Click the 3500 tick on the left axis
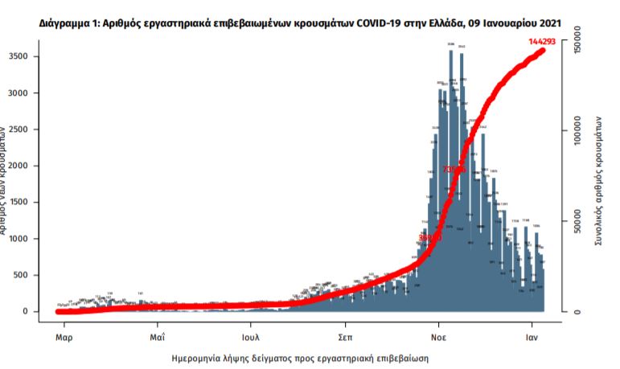pos(19,56)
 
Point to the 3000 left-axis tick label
pos(19,93)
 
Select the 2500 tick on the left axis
pos(19,129)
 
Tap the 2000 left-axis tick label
pos(19,166)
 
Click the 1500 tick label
pos(19,203)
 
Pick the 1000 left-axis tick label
pos(19,239)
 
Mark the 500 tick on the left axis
pos(23,275)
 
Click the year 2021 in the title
pos(549,24)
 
